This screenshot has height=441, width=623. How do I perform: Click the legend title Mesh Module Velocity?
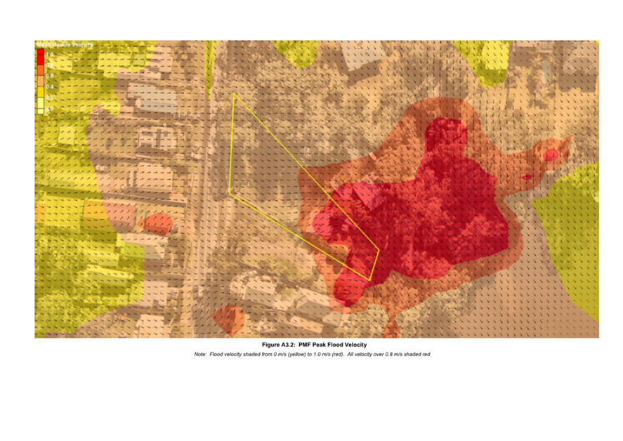point(64,45)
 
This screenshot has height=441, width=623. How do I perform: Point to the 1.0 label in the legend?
point(51,54)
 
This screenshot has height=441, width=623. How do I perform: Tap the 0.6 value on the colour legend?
point(51,76)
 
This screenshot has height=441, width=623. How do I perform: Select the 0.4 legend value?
point(51,86)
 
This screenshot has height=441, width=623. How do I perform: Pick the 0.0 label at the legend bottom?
point(51,110)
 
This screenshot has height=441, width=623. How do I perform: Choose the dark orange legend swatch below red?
point(41,70)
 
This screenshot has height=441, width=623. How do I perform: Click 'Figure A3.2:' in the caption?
point(279,345)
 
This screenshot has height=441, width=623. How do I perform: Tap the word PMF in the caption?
point(306,345)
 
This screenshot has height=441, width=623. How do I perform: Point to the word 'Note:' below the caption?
point(201,355)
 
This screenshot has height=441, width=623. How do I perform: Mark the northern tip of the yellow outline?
point(234,93)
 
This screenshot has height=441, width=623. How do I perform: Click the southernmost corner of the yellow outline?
point(369,280)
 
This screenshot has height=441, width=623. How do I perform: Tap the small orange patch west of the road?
point(158,224)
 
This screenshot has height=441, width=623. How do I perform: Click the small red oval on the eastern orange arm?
point(552,154)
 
